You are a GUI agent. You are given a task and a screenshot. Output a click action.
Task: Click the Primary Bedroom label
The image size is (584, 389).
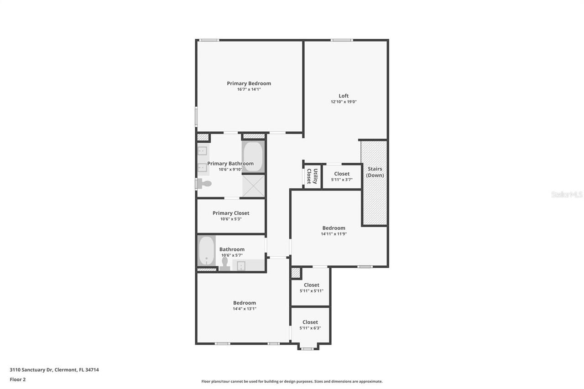pyautogui.click(x=249, y=83)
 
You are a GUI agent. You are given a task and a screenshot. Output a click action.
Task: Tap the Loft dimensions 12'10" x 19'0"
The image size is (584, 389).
pyautogui.click(x=344, y=102)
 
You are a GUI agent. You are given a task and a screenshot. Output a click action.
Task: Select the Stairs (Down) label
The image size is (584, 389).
pyautogui.click(x=375, y=172)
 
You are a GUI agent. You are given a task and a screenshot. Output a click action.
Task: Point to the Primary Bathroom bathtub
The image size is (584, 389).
pyautogui.click(x=253, y=156)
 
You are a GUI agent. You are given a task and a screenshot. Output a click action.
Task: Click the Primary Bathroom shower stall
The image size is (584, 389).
pyautogui.click(x=253, y=186)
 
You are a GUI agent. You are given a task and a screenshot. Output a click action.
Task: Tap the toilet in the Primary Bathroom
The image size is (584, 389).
pyautogui.click(x=205, y=184)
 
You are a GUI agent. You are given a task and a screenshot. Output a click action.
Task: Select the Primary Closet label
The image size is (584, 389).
pyautogui.click(x=231, y=213)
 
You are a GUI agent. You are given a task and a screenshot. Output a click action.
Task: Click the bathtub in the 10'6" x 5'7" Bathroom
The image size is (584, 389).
pyautogui.click(x=206, y=250)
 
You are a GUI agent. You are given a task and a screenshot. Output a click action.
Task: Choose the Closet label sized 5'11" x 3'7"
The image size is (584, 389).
pyautogui.click(x=342, y=174)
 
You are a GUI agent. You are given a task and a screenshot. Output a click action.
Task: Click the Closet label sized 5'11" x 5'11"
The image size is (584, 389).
pyautogui.click(x=312, y=285)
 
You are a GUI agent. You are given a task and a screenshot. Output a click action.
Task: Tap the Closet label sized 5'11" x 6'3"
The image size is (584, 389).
pyautogui.click(x=310, y=322)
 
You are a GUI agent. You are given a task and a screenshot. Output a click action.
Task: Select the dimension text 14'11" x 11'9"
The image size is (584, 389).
pyautogui.click(x=334, y=234)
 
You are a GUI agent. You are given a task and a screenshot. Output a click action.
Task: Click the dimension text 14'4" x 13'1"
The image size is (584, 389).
pyautogui.click(x=245, y=309)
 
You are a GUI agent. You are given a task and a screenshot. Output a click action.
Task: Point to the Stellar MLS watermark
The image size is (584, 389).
pyautogui.click(x=567, y=194)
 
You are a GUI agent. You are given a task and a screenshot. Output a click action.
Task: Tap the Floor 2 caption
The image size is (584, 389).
pyautogui.click(x=18, y=379)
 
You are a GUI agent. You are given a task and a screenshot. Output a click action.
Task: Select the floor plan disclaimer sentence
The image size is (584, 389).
pyautogui.click(x=292, y=381)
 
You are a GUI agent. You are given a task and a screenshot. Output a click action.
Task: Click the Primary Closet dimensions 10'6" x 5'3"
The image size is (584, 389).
pyautogui.click(x=231, y=219)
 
